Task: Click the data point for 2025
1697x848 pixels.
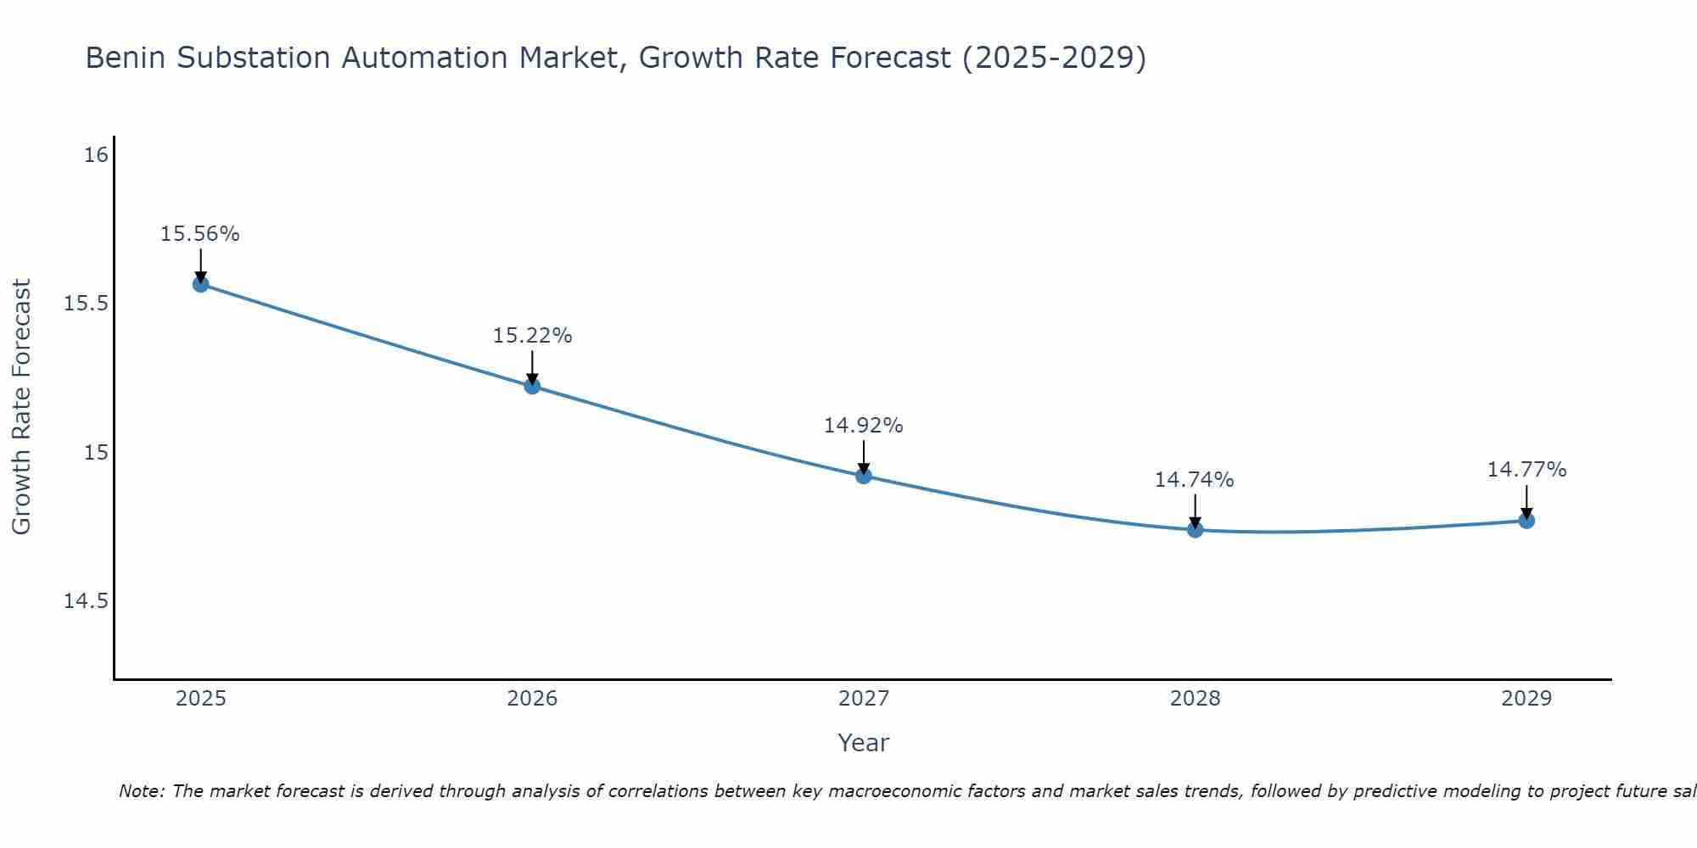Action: [x=200, y=284]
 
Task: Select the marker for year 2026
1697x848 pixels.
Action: [x=532, y=386]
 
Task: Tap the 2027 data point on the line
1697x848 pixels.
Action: [x=864, y=476]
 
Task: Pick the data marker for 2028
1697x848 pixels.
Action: [x=1195, y=530]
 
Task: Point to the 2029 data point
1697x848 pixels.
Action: [x=1526, y=521]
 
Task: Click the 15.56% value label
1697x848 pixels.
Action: [x=200, y=234]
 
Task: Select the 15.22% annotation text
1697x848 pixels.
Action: [x=532, y=336]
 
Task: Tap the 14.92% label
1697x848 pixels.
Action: [x=864, y=426]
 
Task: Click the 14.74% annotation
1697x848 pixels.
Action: [x=1195, y=480]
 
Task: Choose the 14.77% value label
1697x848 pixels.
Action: [x=1526, y=470]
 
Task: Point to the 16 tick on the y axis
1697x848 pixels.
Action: [x=97, y=155]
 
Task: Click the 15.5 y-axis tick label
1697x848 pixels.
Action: [x=87, y=304]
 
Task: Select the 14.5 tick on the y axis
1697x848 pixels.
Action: [x=87, y=601]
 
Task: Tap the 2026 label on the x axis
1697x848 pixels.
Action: [x=532, y=699]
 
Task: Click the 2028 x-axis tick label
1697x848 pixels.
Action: [x=1195, y=699]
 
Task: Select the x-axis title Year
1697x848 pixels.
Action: [x=863, y=743]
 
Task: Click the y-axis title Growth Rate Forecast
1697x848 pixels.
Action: [x=22, y=407]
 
